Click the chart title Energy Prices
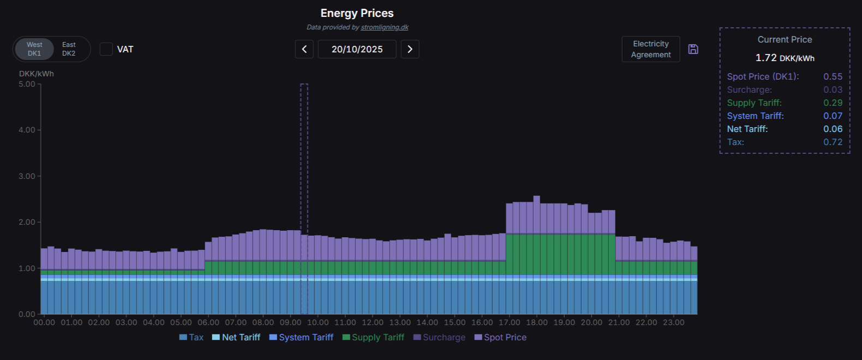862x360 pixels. (357, 13)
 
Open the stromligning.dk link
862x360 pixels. (385, 27)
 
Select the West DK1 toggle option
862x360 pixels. (34, 49)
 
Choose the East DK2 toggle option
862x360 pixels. (69, 49)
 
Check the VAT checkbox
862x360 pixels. (106, 49)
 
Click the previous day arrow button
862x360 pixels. (304, 49)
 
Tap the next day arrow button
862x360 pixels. (410, 49)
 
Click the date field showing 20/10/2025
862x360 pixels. (357, 49)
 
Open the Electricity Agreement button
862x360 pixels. (651, 49)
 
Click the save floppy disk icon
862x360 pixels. (693, 49)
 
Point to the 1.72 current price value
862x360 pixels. (766, 58)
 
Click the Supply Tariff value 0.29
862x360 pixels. (833, 103)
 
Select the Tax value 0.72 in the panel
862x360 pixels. (833, 142)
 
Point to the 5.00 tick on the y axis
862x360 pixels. (27, 84)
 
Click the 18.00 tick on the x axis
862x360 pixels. (536, 322)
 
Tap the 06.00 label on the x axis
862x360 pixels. (208, 322)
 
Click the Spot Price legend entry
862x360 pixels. (500, 337)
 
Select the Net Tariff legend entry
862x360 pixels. (236, 337)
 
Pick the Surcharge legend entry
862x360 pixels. (439, 337)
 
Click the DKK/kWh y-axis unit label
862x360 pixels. (37, 74)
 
